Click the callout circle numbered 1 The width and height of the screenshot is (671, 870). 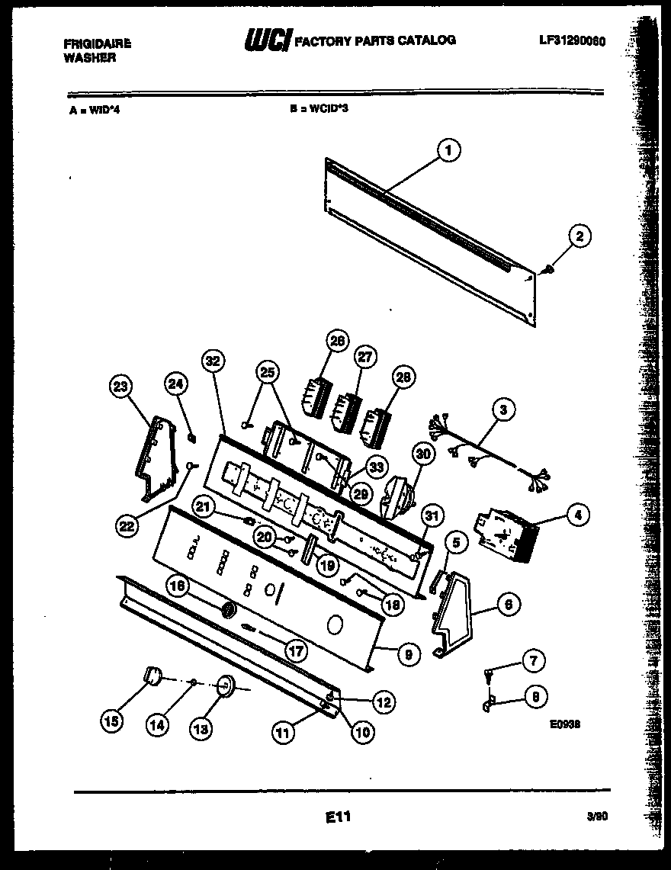tap(448, 152)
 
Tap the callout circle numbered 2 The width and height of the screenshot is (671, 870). tap(579, 237)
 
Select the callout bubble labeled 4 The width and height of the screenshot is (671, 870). tap(578, 516)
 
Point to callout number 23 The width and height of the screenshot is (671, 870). tap(120, 388)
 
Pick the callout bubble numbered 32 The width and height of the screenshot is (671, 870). tap(213, 362)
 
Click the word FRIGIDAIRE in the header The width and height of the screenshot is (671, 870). tap(97, 44)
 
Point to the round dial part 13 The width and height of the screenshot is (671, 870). tap(225, 686)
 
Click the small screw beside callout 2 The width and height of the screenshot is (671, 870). tap(550, 269)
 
